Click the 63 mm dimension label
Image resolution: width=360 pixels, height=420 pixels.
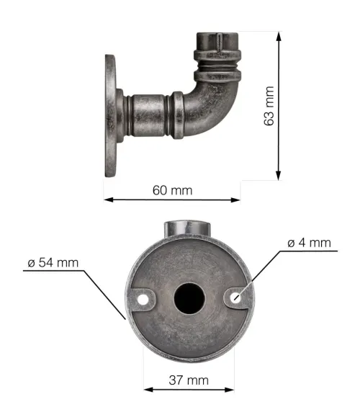tap(269, 106)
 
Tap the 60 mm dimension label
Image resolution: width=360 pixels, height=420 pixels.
tap(172, 190)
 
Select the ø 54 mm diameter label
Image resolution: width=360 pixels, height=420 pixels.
tap(53, 262)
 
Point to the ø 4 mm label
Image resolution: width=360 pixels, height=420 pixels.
tap(309, 243)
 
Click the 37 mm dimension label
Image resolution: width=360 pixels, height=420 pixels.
tap(189, 380)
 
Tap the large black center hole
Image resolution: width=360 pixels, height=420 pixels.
tap(189, 298)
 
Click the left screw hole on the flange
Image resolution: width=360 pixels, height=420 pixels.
tap(143, 300)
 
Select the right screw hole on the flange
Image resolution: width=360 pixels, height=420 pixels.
tap(236, 298)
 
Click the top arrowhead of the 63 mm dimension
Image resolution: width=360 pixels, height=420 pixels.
tap(279, 37)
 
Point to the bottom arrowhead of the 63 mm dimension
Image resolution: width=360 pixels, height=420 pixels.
tap(279, 176)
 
